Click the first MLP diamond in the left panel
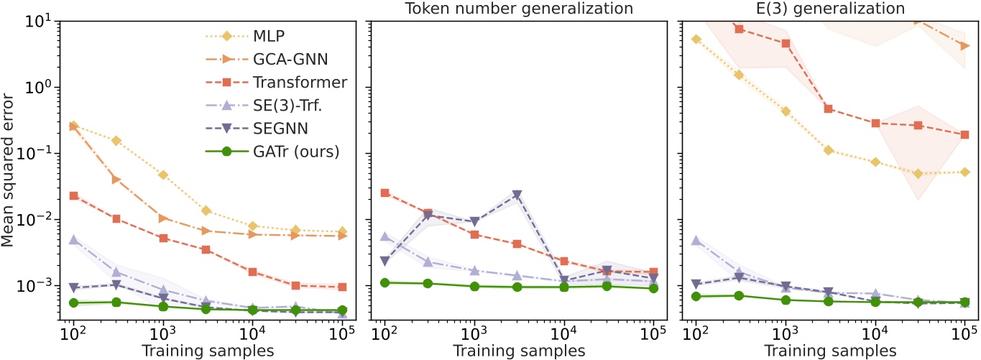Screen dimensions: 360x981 click(x=73, y=126)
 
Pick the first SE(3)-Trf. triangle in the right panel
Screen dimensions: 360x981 click(x=696, y=241)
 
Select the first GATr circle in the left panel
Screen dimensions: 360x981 click(x=73, y=303)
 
